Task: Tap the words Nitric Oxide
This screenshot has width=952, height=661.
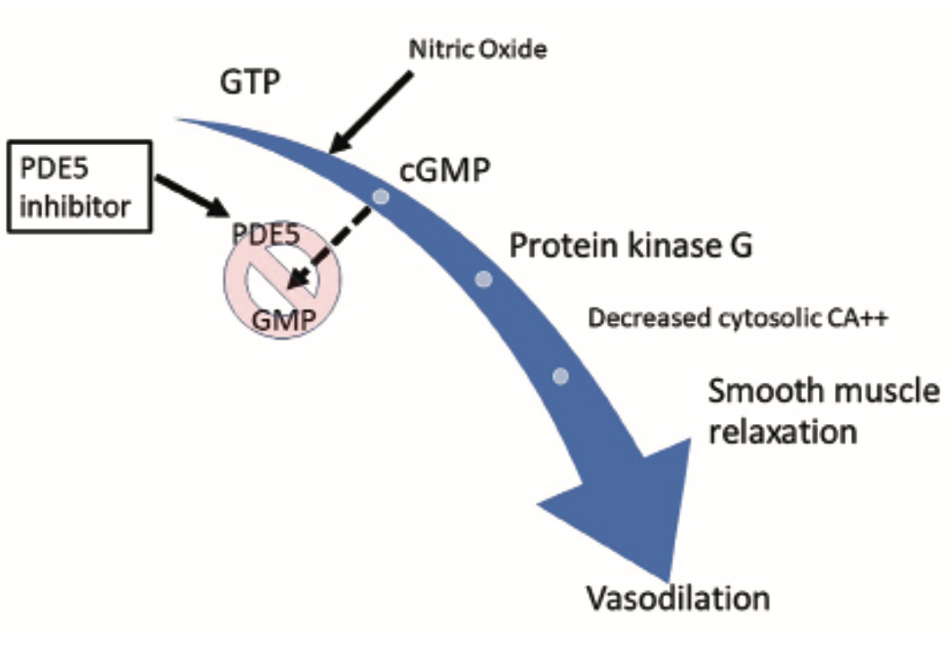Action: [x=478, y=50]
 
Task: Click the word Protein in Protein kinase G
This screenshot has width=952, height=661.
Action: [x=560, y=246]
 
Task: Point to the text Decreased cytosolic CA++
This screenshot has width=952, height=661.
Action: [x=739, y=319]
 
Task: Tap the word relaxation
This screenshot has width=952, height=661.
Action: [x=782, y=433]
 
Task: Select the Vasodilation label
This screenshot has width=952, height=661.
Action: [x=677, y=598]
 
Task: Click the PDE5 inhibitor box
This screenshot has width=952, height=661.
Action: [x=80, y=185]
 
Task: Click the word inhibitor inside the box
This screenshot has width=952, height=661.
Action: [x=76, y=205]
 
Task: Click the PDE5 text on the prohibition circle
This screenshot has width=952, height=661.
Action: [x=266, y=235]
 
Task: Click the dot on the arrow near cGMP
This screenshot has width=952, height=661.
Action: [x=381, y=196]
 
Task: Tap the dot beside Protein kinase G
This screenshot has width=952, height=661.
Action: [x=484, y=279]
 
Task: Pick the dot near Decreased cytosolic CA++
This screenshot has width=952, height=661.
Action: [x=561, y=375]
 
